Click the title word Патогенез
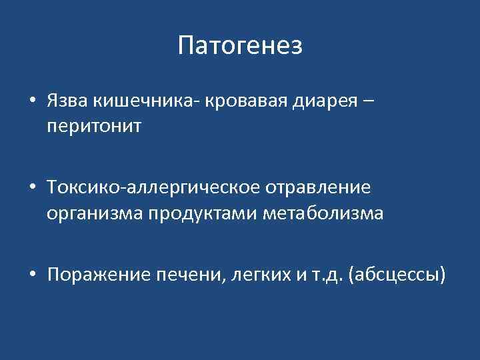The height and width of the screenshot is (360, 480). (x=240, y=46)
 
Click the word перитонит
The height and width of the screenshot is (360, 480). (x=94, y=126)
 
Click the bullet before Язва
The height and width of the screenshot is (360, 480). (x=32, y=102)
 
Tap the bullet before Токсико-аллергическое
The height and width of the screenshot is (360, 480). (x=32, y=189)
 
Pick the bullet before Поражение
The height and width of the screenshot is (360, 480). (x=32, y=275)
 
